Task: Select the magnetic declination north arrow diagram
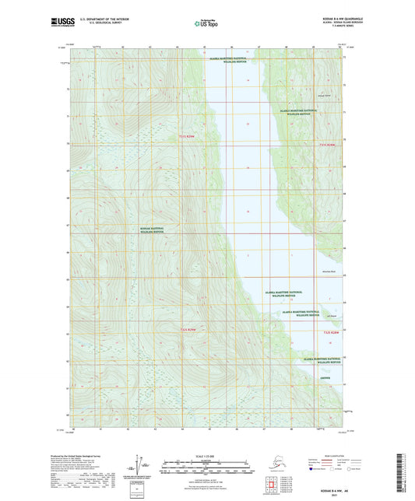tap(140, 463)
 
